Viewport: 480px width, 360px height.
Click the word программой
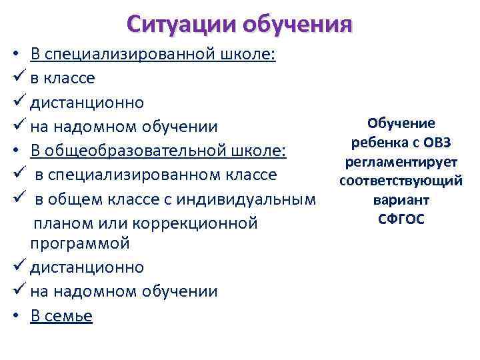pos(79,243)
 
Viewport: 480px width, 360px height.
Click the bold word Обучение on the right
pos(401,124)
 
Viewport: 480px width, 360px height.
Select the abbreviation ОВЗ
pos(438,143)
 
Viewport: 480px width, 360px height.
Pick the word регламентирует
pos(401,162)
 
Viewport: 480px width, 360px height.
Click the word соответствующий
pos(401,181)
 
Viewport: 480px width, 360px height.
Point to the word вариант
pos(401,200)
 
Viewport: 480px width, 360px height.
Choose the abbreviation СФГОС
pos(401,219)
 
